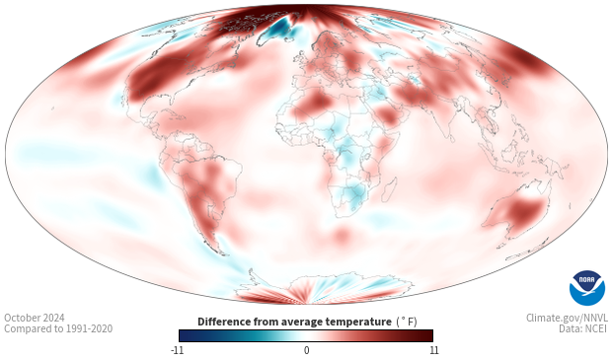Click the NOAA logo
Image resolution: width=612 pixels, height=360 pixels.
coord(587,288)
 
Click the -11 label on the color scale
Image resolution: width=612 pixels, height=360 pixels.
coord(178,350)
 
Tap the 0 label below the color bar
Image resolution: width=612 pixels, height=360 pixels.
coord(306,350)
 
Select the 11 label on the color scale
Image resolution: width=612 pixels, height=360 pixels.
coord(433,350)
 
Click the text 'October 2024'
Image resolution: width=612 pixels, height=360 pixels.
coord(35,318)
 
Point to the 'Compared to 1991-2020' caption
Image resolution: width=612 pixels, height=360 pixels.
coord(58,328)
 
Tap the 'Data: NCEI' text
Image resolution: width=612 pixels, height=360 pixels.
coord(583,328)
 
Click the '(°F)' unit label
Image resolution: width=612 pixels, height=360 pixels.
coord(407,322)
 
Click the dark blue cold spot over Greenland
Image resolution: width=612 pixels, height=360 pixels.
coord(279,28)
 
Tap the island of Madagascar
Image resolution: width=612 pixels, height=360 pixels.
coord(390,189)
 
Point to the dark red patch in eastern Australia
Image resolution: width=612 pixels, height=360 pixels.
coord(526,211)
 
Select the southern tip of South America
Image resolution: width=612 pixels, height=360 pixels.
coord(223,254)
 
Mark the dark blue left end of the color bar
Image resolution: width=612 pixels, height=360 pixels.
coord(181,335)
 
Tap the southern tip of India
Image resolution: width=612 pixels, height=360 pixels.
coord(451,141)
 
